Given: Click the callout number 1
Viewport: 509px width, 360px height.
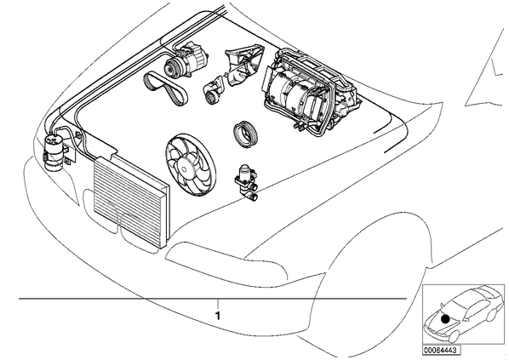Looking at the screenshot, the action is point(218,315).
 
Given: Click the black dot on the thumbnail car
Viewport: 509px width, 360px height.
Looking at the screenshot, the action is point(446,319).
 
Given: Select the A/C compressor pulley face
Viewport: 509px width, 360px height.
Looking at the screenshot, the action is point(170,67).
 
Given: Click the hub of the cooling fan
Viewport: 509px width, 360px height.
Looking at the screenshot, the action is point(185,168).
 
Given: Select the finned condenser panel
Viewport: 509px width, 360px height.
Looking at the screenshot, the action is point(130,202).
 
